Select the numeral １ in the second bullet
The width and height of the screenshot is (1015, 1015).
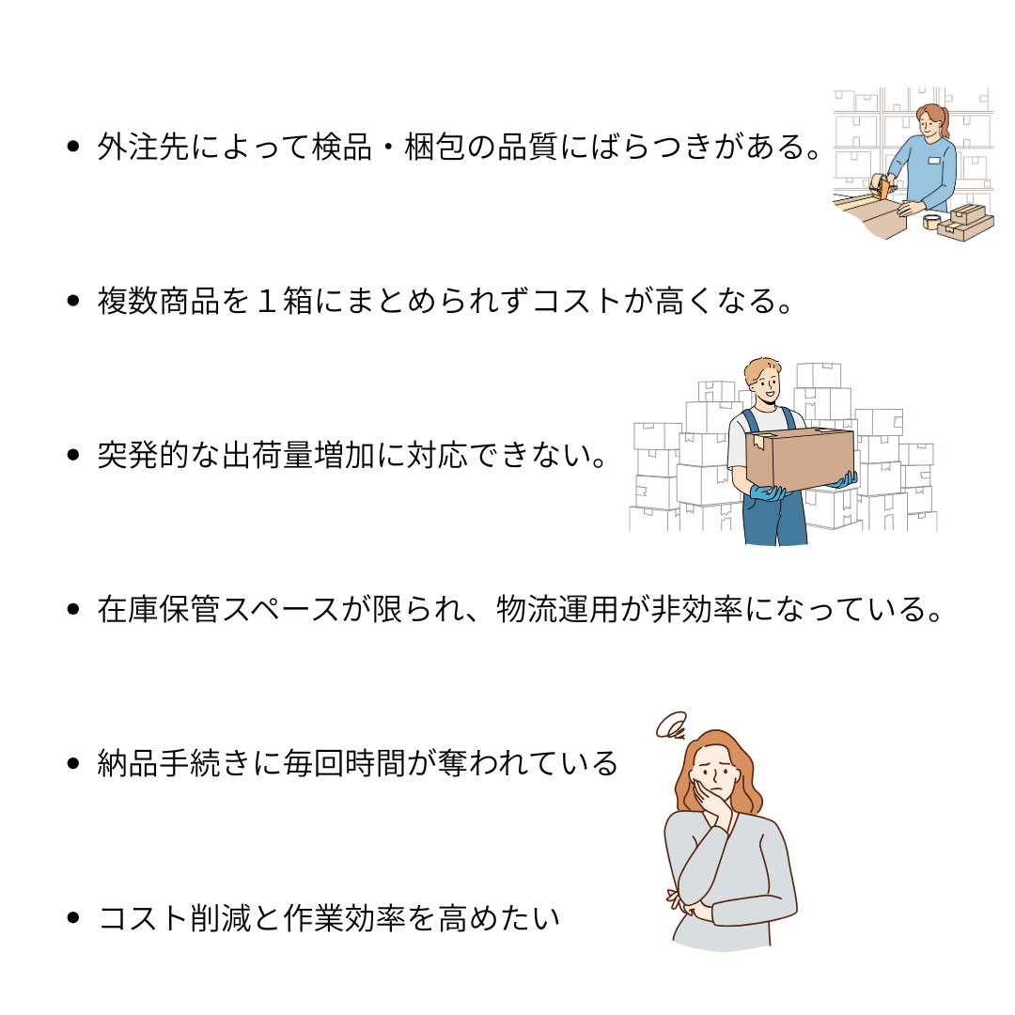(267, 301)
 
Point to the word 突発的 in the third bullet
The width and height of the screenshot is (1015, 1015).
(143, 455)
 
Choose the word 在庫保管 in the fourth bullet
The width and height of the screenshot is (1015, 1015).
(158, 609)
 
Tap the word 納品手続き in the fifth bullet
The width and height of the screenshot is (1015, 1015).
(173, 763)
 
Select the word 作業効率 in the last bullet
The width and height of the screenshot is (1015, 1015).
(344, 918)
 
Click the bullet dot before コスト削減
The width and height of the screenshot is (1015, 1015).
(73, 917)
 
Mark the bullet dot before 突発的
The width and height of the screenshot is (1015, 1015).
(73, 455)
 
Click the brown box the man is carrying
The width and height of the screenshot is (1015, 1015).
(800, 459)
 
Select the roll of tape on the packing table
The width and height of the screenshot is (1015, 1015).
(932, 222)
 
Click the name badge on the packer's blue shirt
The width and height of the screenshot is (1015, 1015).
(933, 162)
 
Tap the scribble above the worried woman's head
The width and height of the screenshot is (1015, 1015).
(671, 726)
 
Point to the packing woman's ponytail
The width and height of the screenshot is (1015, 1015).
(945, 123)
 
